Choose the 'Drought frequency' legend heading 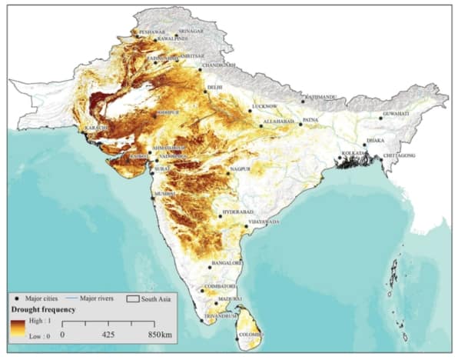coord(41,308)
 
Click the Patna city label coord(310,121)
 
